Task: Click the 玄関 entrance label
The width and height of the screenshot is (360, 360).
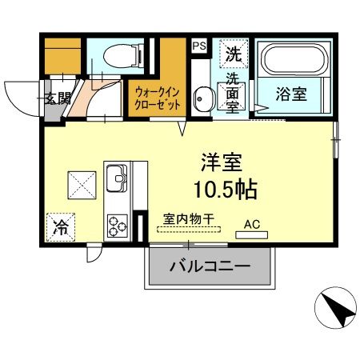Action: coord(56,99)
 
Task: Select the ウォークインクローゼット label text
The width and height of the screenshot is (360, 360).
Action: coord(158,98)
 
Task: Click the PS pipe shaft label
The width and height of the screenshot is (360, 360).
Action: coord(199,46)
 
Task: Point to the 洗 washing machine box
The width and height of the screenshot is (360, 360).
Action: coord(233,55)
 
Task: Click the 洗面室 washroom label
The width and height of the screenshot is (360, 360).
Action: coord(232,92)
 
